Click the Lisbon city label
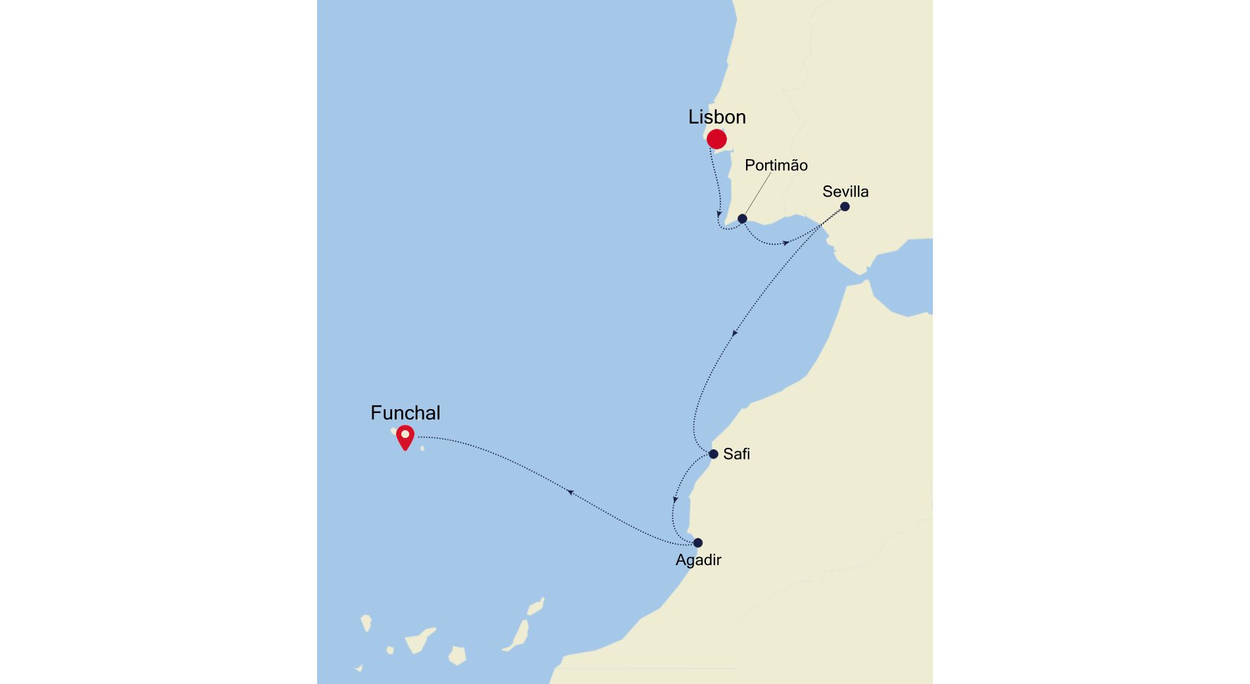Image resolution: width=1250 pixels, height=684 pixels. [717, 117]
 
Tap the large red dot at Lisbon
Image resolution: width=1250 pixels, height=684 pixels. [716, 139]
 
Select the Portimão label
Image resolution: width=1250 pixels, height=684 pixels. [776, 165]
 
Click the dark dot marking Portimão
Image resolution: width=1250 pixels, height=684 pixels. [742, 218]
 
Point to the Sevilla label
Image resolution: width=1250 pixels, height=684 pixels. [845, 191]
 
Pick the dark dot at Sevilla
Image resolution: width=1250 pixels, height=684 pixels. [845, 207]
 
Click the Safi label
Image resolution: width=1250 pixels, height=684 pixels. [736, 454]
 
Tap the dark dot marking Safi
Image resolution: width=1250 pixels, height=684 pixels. [713, 454]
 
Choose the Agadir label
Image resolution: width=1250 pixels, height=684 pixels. [698, 560]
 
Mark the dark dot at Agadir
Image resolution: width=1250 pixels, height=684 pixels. [698, 543]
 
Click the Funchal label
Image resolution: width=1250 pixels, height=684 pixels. [405, 413]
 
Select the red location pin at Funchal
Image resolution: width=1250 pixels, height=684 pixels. [405, 437]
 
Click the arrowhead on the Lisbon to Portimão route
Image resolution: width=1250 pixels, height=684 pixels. [719, 214]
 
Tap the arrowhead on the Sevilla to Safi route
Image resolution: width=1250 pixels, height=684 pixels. [735, 333]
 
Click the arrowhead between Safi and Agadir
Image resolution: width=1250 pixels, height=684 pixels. [675, 500]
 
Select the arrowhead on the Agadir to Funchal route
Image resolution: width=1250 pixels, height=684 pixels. [570, 491]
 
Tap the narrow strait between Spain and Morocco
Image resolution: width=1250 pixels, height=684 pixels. [855, 280]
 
